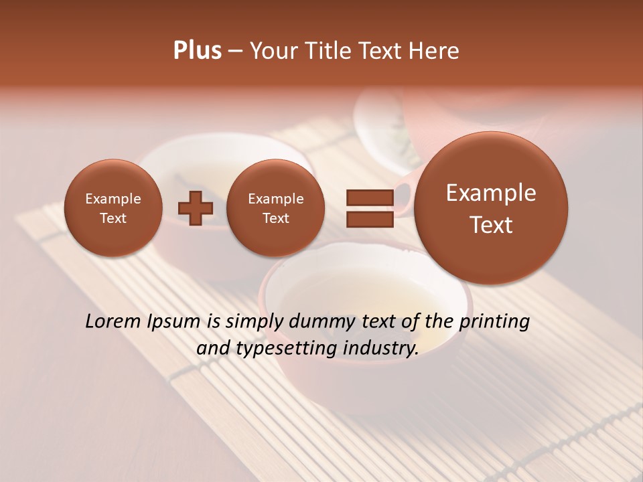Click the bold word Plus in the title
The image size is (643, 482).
[197, 51]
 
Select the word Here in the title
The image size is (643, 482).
[434, 51]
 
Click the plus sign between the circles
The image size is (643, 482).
[195, 208]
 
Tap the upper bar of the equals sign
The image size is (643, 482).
[369, 197]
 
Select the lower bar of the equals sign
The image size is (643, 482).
[369, 218]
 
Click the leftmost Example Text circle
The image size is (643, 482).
[113, 208]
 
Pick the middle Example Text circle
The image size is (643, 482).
[275, 208]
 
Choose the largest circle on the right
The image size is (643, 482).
[491, 208]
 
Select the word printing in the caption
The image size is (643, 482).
[494, 322]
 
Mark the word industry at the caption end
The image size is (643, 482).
[380, 348]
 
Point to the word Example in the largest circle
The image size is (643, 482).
[491, 193]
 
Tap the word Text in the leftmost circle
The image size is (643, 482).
[113, 218]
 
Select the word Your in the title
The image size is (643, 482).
[273, 51]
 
